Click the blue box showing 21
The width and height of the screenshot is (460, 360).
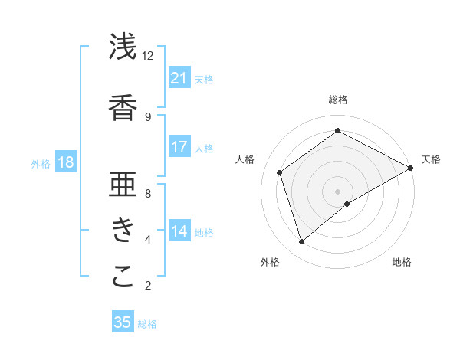pyautogui.click(x=179, y=78)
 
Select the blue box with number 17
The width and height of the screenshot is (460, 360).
pyautogui.click(x=179, y=147)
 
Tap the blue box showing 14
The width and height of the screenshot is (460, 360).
pyautogui.click(x=179, y=232)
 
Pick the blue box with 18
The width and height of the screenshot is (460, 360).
pyautogui.click(x=66, y=162)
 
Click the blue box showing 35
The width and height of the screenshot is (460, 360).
pyautogui.click(x=123, y=322)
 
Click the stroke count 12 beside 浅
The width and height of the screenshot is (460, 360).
pyautogui.click(x=147, y=56)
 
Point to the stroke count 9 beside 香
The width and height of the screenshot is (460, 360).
pyautogui.click(x=147, y=117)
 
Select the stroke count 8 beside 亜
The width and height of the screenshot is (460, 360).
pyautogui.click(x=147, y=194)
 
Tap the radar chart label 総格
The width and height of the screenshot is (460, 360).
pyautogui.click(x=337, y=100)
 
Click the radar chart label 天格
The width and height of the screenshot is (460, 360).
pyautogui.click(x=431, y=159)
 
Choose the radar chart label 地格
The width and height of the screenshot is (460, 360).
pyautogui.click(x=402, y=262)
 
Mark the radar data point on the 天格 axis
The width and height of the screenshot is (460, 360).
pyautogui.click(x=411, y=167)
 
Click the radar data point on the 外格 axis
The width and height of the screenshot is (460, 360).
pyautogui.click(x=301, y=242)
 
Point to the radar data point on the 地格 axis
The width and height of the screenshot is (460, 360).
pyautogui.click(x=347, y=204)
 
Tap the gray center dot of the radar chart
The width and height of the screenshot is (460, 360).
pyautogui.click(x=337, y=190)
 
